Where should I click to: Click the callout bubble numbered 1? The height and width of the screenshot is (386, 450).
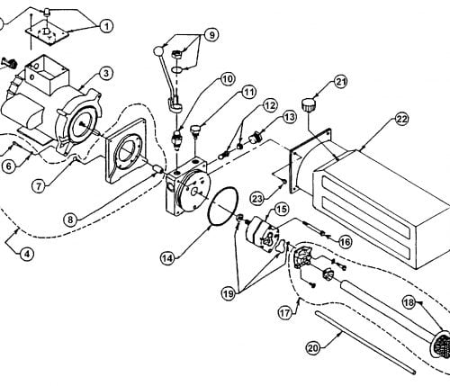[x=106, y=26]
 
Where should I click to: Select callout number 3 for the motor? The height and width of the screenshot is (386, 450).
[x=106, y=74]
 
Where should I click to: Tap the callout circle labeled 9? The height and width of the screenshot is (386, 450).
[x=211, y=35]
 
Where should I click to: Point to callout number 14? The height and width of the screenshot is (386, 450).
[x=167, y=258]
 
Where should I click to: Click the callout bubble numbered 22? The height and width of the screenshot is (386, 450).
[x=401, y=120]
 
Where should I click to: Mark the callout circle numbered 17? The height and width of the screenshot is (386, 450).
[x=284, y=313]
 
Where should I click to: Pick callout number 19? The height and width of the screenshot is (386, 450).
[x=229, y=293]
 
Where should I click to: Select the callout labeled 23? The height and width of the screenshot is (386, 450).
[x=257, y=199]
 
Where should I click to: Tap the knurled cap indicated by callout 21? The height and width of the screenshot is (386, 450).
[x=307, y=105]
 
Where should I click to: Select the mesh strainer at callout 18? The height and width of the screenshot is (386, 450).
[x=442, y=344]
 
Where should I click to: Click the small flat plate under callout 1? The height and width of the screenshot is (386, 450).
[x=47, y=34]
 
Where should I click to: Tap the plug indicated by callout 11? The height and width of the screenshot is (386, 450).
[x=195, y=131]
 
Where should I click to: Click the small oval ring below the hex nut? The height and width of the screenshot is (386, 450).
[x=177, y=69]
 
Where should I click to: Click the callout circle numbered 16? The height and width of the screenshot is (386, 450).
[x=345, y=242]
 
